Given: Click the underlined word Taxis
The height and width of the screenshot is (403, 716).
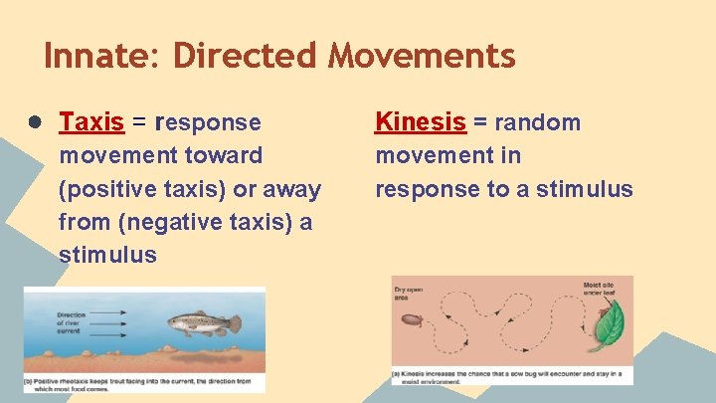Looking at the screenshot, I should tap(91, 122).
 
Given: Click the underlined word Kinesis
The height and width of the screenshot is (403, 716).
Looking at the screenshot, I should tap(420, 122).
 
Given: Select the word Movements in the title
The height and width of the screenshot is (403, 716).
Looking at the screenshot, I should tap(423, 56).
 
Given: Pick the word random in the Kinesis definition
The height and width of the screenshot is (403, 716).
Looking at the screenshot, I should tap(537, 122).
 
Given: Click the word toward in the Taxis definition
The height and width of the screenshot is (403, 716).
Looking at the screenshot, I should tap(224, 155).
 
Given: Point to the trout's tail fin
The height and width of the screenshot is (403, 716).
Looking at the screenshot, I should tap(234, 323).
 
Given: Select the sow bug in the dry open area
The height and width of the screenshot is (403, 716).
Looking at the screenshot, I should tap(411, 321).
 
